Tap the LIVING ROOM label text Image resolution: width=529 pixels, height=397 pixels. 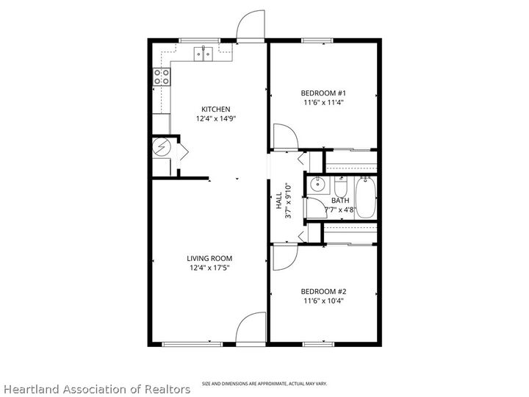click(209, 258)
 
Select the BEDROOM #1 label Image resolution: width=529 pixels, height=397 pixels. click(323, 93)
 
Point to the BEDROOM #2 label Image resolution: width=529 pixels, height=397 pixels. click(323, 291)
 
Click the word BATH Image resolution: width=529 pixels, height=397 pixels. click(340, 200)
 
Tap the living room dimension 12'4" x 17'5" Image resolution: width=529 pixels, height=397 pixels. click(209, 268)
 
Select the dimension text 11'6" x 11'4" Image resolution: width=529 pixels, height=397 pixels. click(323, 103)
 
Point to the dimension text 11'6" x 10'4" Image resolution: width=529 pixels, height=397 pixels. click(323, 300)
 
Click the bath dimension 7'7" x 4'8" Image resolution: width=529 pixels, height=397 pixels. click(341, 210)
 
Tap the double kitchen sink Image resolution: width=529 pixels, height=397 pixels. click(204, 53)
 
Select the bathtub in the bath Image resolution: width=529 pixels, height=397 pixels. click(365, 198)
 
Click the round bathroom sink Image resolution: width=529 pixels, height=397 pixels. click(317, 185)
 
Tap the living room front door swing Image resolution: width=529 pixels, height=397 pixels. click(252, 328)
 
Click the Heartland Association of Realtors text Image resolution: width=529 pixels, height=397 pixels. click(96, 387)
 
